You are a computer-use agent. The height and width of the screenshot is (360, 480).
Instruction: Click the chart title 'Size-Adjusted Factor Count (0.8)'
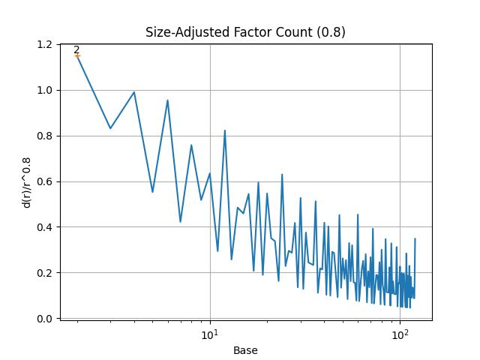pos(245,32)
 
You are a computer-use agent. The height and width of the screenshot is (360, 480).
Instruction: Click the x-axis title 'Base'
pos(245,350)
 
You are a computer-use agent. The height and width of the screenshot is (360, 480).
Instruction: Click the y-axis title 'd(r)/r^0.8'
pos(28,182)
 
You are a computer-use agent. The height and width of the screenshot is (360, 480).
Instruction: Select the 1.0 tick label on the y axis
pos(45,91)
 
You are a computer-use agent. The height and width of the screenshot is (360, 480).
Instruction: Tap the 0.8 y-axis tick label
pos(45,136)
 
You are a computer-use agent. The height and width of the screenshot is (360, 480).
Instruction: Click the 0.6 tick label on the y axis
pos(45,182)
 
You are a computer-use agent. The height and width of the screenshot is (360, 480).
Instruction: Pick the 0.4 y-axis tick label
pos(45,227)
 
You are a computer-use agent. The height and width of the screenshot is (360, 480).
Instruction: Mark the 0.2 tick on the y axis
pos(45,273)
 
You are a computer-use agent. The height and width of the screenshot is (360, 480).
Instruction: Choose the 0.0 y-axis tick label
pos(45,319)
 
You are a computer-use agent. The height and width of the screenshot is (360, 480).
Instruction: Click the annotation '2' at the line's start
pos(76,49)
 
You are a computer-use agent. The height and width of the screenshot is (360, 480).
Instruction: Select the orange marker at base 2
pos(77,55)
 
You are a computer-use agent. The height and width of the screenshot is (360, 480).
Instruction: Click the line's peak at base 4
pos(134,92)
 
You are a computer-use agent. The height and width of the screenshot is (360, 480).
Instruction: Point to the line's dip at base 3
pos(110,128)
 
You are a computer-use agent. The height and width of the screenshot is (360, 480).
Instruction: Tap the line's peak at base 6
pos(167,100)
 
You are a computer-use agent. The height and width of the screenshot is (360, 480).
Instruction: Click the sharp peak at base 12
pos(224,130)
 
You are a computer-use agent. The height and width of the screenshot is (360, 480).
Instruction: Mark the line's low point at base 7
pos(180,222)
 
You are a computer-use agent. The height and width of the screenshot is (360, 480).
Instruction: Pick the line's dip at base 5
pos(152,192)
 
